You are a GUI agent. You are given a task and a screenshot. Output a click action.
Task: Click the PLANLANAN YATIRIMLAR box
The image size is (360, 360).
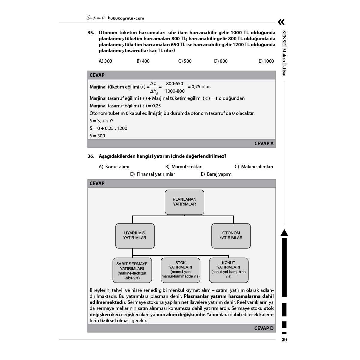point(184,202)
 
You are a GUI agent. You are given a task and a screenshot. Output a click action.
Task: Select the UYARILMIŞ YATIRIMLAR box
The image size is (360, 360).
point(135,235)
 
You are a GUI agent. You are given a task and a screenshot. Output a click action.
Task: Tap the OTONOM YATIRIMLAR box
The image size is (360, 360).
point(231,235)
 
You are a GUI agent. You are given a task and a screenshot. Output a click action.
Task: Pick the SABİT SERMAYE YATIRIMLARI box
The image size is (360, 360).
point(132,270)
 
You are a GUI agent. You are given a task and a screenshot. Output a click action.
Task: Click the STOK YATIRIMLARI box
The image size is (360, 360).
point(181,270)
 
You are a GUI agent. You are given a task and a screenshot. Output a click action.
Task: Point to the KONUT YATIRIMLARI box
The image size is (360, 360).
point(229,270)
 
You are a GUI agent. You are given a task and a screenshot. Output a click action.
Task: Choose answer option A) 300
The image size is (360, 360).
point(105,61)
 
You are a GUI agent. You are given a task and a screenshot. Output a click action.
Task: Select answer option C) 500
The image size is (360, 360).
point(185,61)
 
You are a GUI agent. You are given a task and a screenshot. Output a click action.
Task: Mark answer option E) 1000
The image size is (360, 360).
point(266,61)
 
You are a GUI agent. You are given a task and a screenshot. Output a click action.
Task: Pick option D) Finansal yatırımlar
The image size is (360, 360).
point(153,174)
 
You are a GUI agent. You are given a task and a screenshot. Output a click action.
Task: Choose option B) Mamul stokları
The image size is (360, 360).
point(184,167)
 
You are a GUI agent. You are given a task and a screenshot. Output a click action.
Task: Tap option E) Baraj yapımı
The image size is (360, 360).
point(217,174)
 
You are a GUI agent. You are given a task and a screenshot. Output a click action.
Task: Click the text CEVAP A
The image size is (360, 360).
point(264,144)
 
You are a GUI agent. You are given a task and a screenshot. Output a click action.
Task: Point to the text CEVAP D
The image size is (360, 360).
point(264,328)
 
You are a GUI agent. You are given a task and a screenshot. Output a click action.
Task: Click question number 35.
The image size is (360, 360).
point(91,33)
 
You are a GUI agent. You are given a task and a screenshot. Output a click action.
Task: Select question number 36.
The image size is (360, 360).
point(91,156)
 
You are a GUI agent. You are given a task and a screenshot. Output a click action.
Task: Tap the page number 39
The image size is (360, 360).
point(284,340)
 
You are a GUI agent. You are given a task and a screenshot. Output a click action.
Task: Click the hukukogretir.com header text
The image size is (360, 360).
point(126,18)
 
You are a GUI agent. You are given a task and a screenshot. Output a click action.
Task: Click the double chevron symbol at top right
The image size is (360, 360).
point(281,22)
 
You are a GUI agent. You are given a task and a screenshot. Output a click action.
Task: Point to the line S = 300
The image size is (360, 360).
point(97,136)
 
